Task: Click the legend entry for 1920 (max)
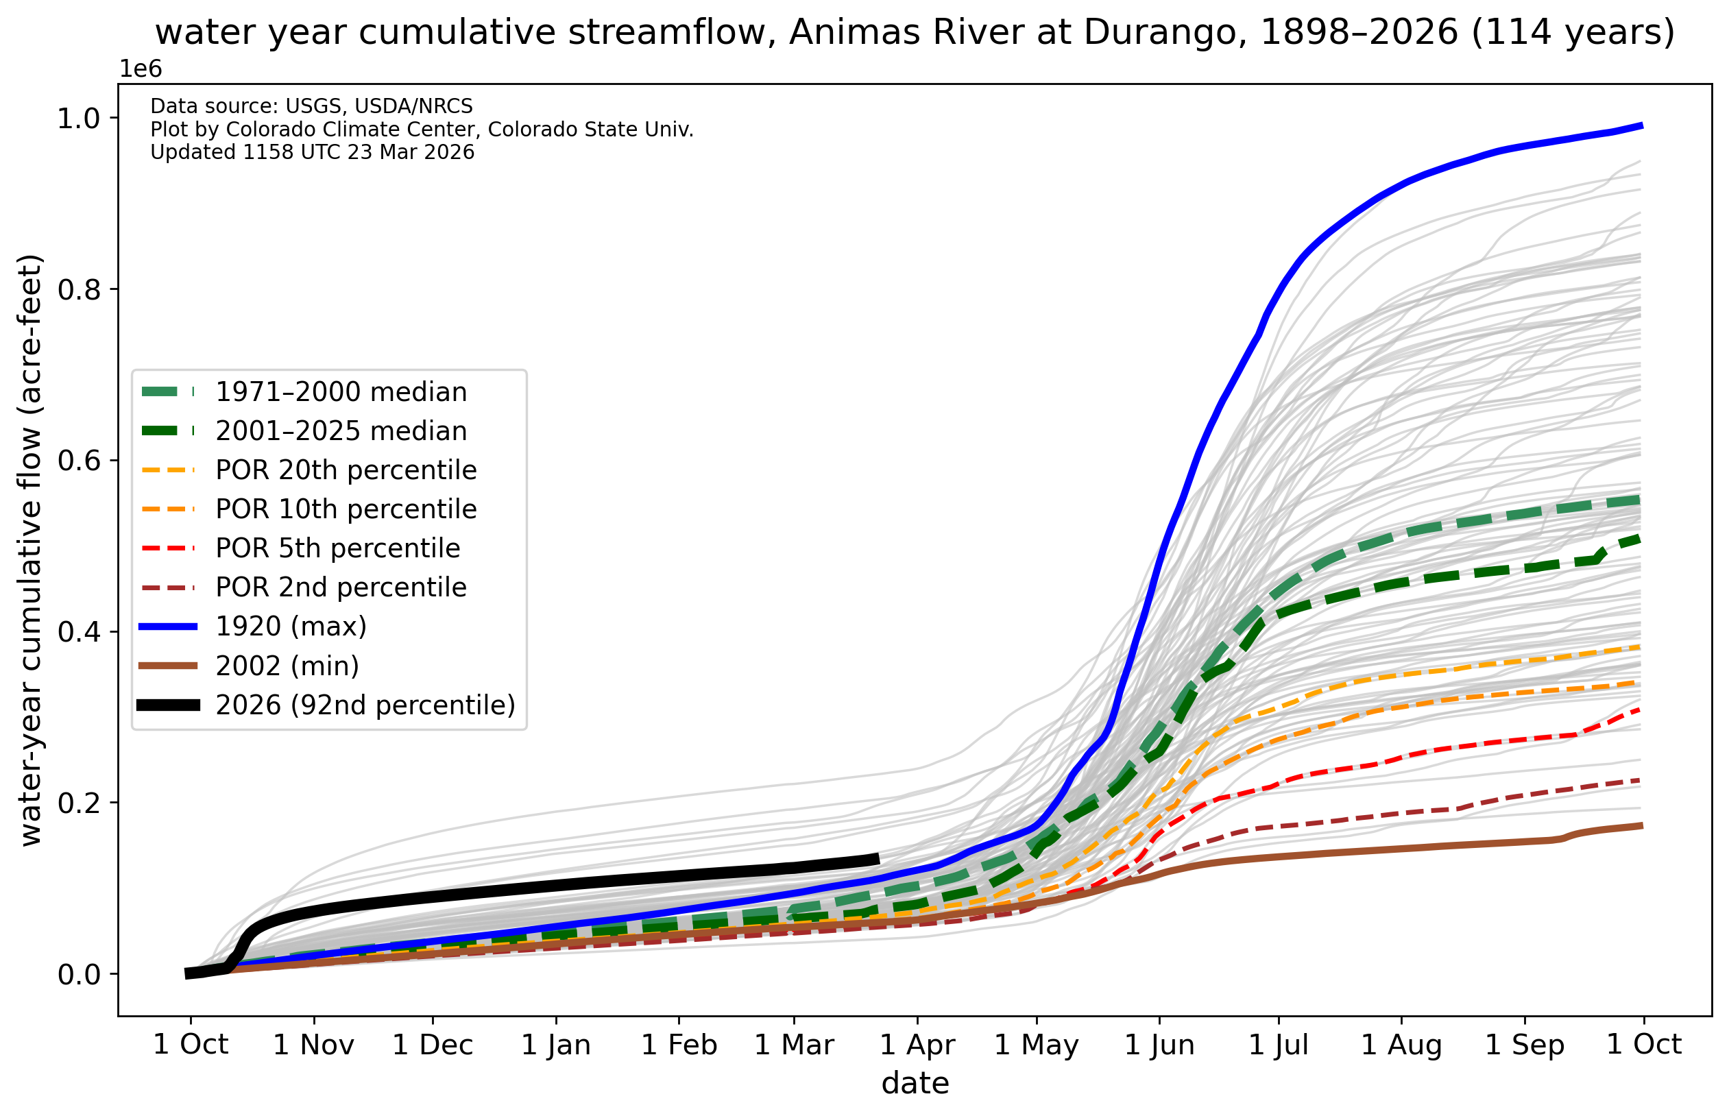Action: coord(291,626)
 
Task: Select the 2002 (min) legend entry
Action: coord(287,665)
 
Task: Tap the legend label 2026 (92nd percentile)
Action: coord(365,705)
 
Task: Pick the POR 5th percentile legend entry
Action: coord(338,548)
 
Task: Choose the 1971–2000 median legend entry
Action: coord(341,392)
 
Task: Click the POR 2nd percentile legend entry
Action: coord(341,587)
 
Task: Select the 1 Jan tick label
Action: coord(556,1045)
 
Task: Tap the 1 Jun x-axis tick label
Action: coord(1159,1045)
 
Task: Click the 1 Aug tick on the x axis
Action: coord(1401,1045)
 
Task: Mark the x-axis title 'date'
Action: coord(915,1083)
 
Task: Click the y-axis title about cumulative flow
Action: coord(31,550)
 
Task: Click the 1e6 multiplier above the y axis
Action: coord(141,69)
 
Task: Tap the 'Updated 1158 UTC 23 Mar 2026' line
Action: coord(312,152)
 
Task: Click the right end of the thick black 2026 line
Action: coord(878,859)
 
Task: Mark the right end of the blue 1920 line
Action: coord(1641,126)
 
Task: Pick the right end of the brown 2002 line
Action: coord(1641,825)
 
